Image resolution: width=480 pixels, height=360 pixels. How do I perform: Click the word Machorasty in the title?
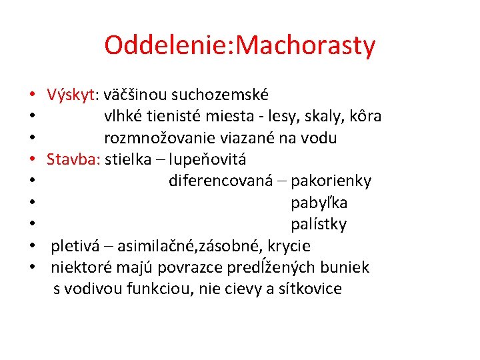307,45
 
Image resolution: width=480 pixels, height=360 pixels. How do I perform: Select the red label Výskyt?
70,95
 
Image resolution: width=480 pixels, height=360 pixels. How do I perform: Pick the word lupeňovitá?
207,159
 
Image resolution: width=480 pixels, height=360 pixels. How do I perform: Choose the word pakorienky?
331,181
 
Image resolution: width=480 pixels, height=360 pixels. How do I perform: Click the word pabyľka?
319,202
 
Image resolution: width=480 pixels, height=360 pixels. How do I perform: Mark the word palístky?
319,223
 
